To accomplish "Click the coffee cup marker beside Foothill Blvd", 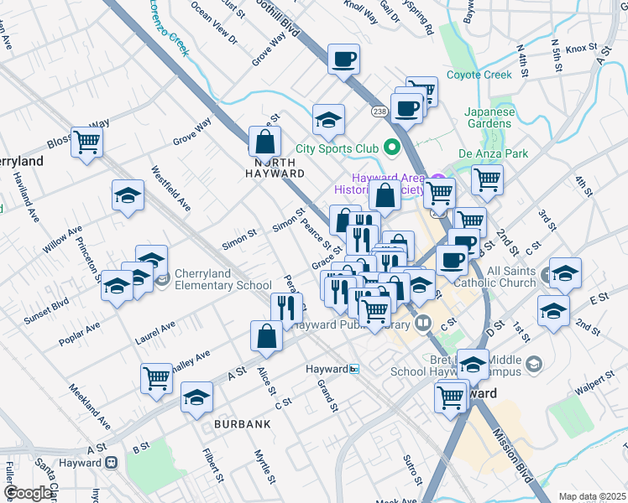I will (x=344, y=60).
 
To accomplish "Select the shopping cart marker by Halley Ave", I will (x=156, y=379).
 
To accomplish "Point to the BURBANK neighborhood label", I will (x=242, y=424).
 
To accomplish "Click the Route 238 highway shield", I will (x=379, y=110).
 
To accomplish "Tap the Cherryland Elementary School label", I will (x=222, y=285).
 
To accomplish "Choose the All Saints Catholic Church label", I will (x=499, y=277).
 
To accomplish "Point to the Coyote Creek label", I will (x=479, y=75).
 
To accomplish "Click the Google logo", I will (x=28, y=492).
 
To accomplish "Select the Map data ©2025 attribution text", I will (x=592, y=496).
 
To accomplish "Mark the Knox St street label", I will (x=580, y=49).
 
